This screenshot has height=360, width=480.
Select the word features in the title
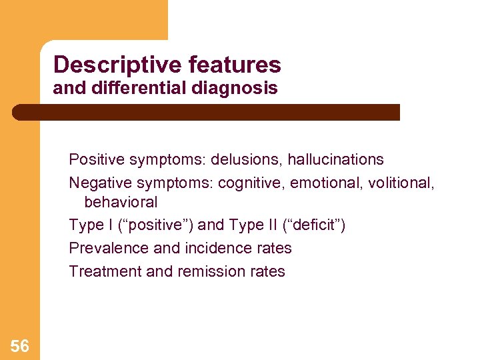[235, 65]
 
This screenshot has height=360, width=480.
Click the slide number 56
[19, 345]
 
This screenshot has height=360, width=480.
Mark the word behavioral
[121, 202]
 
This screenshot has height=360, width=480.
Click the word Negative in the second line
[97, 183]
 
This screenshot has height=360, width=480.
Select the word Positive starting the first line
[95, 159]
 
